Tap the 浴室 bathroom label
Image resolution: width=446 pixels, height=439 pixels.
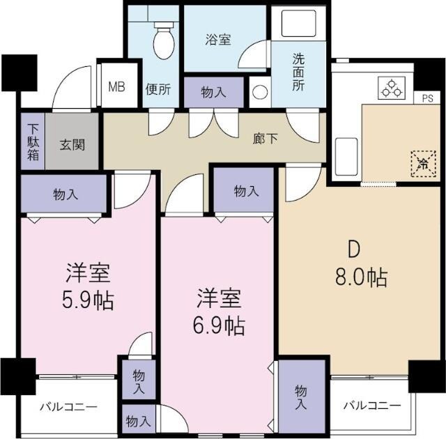217,40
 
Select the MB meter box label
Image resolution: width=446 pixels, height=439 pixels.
116,87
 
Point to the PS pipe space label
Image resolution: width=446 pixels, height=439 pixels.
427,98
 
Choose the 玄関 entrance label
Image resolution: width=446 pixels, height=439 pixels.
72,146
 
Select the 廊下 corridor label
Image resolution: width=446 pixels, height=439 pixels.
265,138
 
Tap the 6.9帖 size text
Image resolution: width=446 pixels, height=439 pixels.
219,325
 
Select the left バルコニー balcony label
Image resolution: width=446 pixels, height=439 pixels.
68,407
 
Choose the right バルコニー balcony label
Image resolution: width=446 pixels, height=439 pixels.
371,405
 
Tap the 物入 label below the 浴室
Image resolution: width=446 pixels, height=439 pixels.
213,91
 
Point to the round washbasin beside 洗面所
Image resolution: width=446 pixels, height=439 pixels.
259,92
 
